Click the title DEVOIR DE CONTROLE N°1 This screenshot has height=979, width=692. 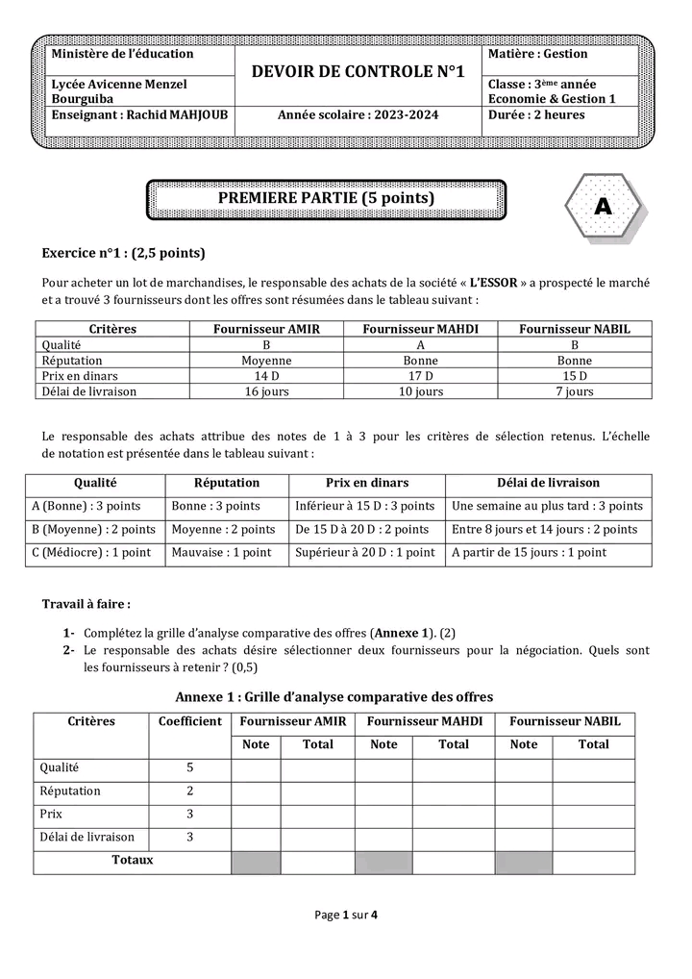click(358, 72)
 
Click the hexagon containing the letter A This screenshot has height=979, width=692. click(602, 207)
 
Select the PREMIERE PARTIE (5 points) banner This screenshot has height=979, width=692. click(326, 199)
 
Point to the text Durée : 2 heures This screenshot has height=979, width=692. click(536, 115)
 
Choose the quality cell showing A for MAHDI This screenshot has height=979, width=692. click(420, 344)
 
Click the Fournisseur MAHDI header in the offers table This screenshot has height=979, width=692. click(420, 329)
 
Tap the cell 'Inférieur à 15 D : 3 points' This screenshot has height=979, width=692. click(365, 506)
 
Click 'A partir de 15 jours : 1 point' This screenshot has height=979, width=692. click(529, 553)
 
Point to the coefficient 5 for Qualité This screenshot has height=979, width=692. click(189, 767)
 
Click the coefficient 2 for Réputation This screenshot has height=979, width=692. click(189, 791)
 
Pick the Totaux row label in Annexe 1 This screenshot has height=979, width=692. click(133, 861)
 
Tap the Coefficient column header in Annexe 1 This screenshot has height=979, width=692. click(189, 721)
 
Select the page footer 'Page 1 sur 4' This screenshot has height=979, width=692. click(346, 916)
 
